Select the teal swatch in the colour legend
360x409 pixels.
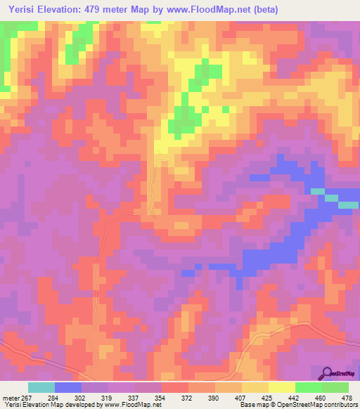[x=41, y=388]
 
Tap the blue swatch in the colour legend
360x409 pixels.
[x=68, y=388]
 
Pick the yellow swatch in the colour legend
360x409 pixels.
[x=282, y=388]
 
